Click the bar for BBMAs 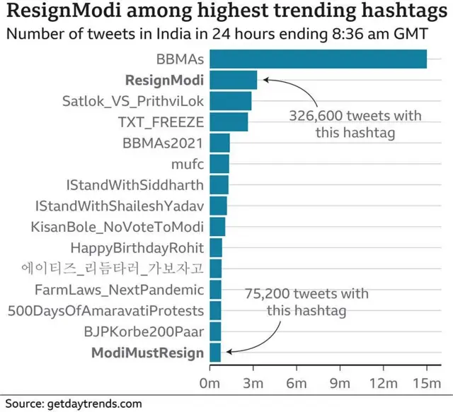pos(319,59)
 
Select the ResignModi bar pos(234,80)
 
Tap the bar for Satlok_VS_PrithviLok pos(231,101)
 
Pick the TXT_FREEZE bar pos(229,122)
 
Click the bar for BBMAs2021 pos(220,143)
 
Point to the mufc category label pos(188,164)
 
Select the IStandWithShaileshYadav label pos(119,206)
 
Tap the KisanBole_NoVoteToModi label pos(117,227)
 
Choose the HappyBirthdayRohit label pos(137,248)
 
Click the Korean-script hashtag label pos(112,269)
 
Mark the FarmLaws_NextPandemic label pos(119,290)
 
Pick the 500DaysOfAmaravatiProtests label pos(105,310)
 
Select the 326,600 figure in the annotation pos(316,115)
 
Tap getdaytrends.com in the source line pos(95,404)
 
